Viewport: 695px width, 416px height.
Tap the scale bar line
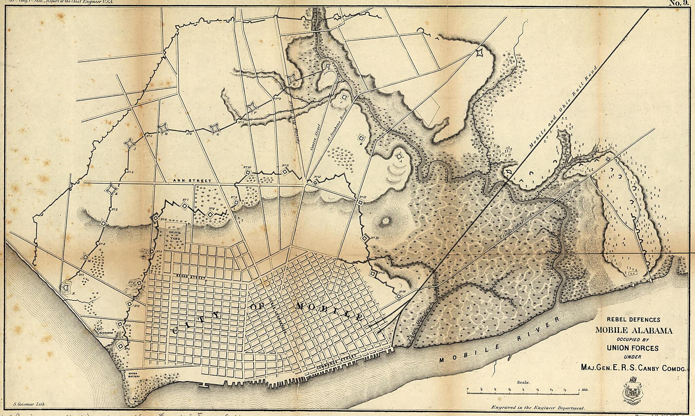click(x=523, y=394)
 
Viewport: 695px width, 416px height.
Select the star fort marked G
click(x=214, y=128)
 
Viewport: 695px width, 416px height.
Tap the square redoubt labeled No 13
click(x=360, y=202)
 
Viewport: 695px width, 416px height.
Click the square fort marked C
click(x=344, y=97)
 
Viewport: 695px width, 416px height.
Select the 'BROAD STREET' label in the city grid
click(x=191, y=278)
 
